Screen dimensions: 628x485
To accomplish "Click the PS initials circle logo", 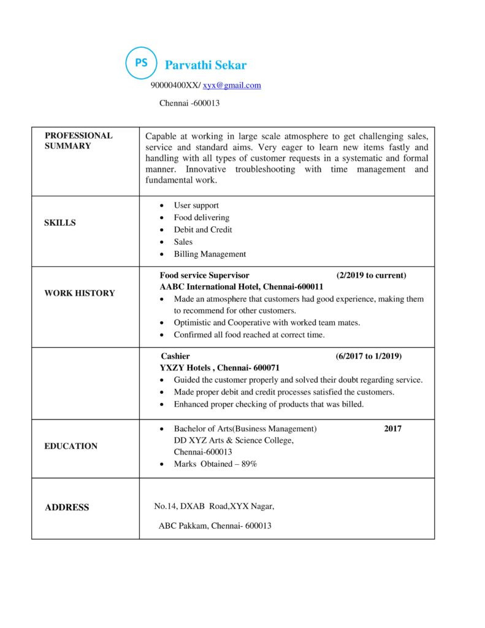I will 141,63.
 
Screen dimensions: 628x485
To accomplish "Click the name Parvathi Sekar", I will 205,65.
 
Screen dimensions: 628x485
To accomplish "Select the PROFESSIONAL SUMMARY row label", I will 78,140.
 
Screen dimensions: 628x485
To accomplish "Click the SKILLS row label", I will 60,223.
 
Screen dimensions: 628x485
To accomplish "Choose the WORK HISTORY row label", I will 79,293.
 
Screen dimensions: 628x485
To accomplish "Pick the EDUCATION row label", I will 71,446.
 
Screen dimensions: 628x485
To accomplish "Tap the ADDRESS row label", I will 67,507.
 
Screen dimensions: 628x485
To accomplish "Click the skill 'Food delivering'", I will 201,218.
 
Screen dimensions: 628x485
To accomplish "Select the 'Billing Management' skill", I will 210,254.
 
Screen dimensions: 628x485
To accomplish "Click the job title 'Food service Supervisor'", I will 204,275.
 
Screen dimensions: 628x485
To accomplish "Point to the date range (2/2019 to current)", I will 371,275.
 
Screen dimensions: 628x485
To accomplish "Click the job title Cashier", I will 175,356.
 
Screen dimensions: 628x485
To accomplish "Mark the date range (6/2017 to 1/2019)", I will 369,356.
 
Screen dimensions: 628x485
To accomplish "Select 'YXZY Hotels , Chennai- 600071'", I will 220,368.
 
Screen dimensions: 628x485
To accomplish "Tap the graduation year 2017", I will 393,429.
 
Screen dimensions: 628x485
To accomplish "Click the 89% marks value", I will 249,464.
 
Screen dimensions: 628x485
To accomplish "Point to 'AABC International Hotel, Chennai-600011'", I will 241,286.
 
